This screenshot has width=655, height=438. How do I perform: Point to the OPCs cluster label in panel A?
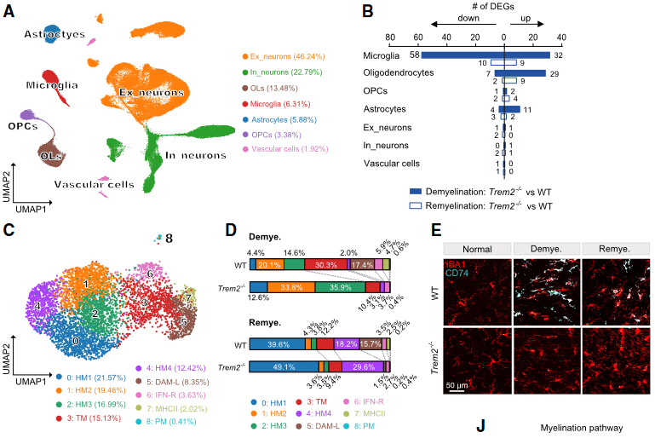point(22,126)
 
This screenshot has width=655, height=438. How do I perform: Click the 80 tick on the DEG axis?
point(389,37)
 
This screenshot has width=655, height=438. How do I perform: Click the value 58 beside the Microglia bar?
point(414,55)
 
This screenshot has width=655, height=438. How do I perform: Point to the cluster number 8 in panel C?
point(169,239)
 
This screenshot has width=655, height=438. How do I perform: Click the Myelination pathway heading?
point(576,427)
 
